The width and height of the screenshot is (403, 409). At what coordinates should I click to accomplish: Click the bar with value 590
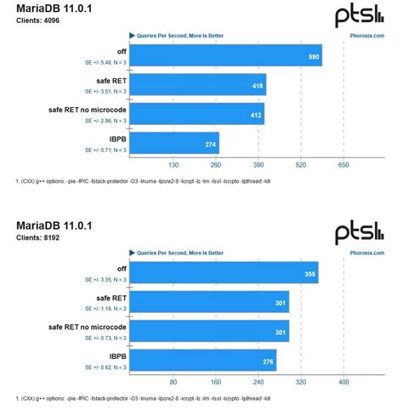(x=225, y=55)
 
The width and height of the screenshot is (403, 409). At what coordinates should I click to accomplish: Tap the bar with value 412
(x=196, y=113)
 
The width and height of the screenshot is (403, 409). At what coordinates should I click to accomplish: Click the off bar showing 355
(x=224, y=273)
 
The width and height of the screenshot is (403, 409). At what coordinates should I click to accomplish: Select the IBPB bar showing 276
(x=202, y=360)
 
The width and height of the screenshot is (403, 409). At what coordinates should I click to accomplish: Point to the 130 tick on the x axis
(x=173, y=166)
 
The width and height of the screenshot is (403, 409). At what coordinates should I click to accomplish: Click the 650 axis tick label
(x=343, y=166)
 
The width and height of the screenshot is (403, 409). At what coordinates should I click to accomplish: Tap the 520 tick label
(x=301, y=166)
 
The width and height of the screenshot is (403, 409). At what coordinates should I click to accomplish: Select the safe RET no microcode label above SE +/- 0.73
(x=88, y=326)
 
